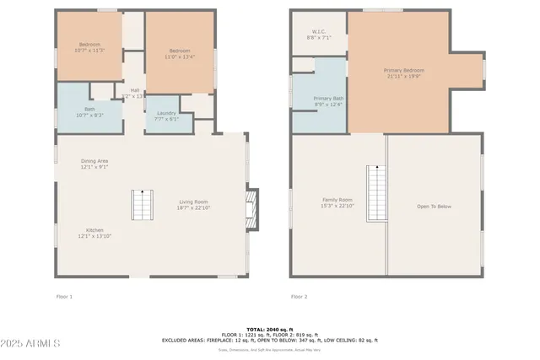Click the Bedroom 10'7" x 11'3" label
coord(90,47)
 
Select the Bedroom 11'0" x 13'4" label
coord(178,53)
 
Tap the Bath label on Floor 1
coord(89,111)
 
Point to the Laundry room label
coord(167,116)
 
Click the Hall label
coord(134,93)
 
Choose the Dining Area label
coord(94,164)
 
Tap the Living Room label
coord(193,204)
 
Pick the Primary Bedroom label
coord(404,73)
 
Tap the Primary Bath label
coord(328,101)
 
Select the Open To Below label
coord(435,206)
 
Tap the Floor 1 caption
coord(64,297)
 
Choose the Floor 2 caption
coord(299,297)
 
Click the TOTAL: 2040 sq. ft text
coord(270,329)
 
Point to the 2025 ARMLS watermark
coord(31,344)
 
